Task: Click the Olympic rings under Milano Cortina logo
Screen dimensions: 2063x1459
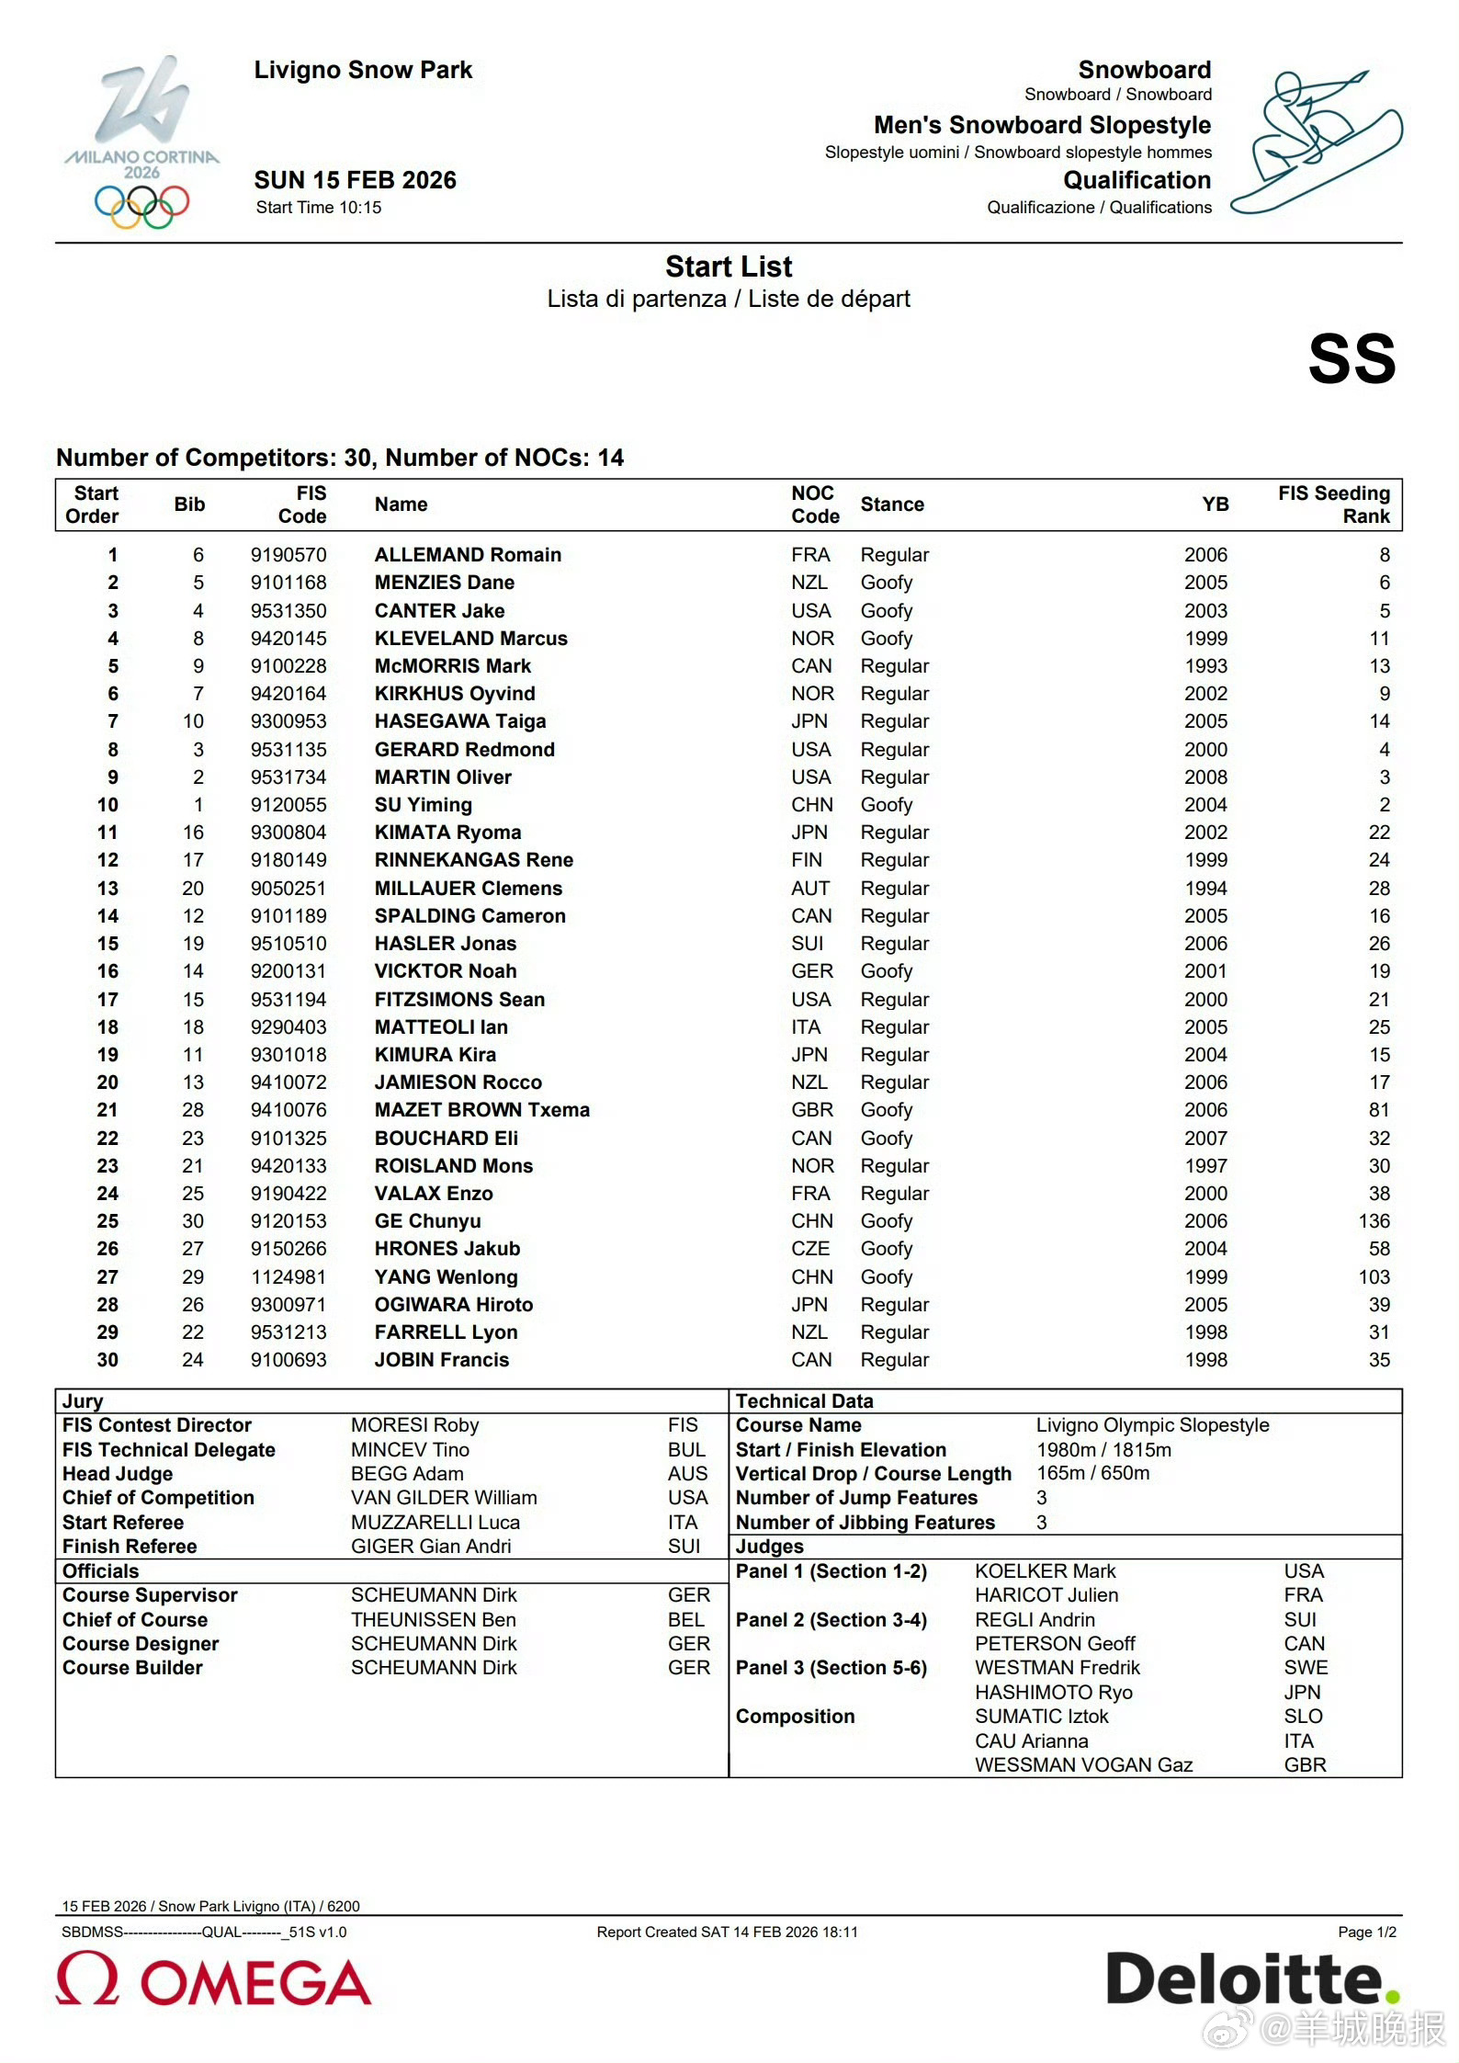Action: point(141,206)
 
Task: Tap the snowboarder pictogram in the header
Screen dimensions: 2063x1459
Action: point(1316,141)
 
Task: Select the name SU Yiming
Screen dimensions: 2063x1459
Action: point(423,805)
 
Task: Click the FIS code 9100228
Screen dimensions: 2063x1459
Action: point(288,666)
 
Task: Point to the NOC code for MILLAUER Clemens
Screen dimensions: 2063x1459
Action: point(810,889)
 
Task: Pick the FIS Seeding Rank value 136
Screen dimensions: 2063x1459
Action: point(1374,1221)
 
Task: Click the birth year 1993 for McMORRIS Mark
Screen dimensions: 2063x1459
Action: point(1205,666)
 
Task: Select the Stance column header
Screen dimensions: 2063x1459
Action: point(892,504)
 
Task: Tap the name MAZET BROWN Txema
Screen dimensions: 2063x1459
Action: point(481,1110)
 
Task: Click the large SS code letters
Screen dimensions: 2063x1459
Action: point(1352,358)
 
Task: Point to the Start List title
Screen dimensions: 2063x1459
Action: point(729,266)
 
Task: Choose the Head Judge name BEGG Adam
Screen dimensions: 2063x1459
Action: point(407,1474)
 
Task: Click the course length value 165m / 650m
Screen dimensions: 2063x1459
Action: point(1092,1473)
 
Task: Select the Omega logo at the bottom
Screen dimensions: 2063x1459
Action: point(213,1980)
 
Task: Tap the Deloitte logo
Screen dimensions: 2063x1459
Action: point(1251,1978)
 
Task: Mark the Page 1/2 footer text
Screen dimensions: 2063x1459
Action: point(1366,1933)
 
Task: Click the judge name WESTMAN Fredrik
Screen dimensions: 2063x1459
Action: point(1057,1668)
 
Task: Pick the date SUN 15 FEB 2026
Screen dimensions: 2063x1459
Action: point(355,180)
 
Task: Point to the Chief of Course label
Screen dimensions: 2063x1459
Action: point(135,1620)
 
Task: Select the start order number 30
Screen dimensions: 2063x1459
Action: point(107,1360)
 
